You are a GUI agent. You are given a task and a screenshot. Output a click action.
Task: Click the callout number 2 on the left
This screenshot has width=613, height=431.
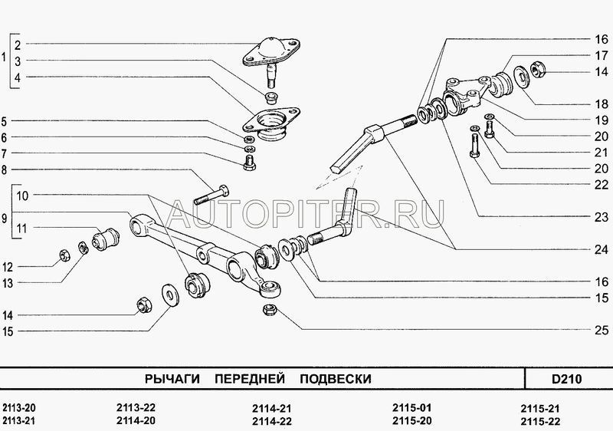pyautogui.click(x=18, y=45)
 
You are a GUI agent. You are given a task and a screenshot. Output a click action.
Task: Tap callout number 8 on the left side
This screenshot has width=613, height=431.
pyautogui.click(x=5, y=169)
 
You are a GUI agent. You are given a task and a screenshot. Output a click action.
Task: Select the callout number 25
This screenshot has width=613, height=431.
pyautogui.click(x=602, y=331)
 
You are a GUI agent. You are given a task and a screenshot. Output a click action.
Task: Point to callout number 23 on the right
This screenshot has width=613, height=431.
pyautogui.click(x=602, y=217)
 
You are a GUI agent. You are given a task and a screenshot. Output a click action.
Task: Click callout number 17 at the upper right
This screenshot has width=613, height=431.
pyautogui.click(x=602, y=55)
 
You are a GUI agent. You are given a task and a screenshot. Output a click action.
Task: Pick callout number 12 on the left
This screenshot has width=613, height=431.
pyautogui.click(x=8, y=267)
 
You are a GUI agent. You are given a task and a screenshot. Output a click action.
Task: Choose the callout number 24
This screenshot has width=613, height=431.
pyautogui.click(x=602, y=249)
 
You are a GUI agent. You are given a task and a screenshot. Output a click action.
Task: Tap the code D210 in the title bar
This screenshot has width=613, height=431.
pyautogui.click(x=566, y=379)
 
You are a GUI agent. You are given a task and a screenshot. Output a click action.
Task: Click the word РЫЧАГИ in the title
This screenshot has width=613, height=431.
pyautogui.click(x=172, y=379)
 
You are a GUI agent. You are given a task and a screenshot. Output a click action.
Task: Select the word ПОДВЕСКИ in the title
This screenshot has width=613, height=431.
pyautogui.click(x=336, y=379)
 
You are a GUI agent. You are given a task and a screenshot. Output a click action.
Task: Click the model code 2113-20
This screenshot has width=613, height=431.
pyautogui.click(x=18, y=408)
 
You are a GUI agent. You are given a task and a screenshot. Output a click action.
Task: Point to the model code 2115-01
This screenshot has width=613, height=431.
pyautogui.click(x=412, y=408)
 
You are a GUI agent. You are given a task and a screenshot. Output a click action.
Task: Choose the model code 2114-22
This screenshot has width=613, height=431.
pyautogui.click(x=272, y=421)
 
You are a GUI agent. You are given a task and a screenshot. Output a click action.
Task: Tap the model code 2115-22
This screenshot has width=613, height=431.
pyautogui.click(x=540, y=421)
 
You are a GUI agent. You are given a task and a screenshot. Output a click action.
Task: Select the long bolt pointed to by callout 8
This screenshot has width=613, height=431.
pyautogui.click(x=211, y=195)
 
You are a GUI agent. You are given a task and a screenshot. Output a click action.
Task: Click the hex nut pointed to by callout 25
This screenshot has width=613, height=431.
pyautogui.click(x=270, y=310)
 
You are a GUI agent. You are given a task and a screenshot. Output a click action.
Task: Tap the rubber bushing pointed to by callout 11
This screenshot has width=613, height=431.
pyautogui.click(x=106, y=239)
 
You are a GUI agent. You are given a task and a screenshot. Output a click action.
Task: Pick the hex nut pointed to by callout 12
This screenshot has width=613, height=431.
pyautogui.click(x=64, y=256)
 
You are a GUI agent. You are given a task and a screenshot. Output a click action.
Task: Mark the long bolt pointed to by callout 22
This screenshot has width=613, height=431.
pyautogui.click(x=474, y=145)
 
